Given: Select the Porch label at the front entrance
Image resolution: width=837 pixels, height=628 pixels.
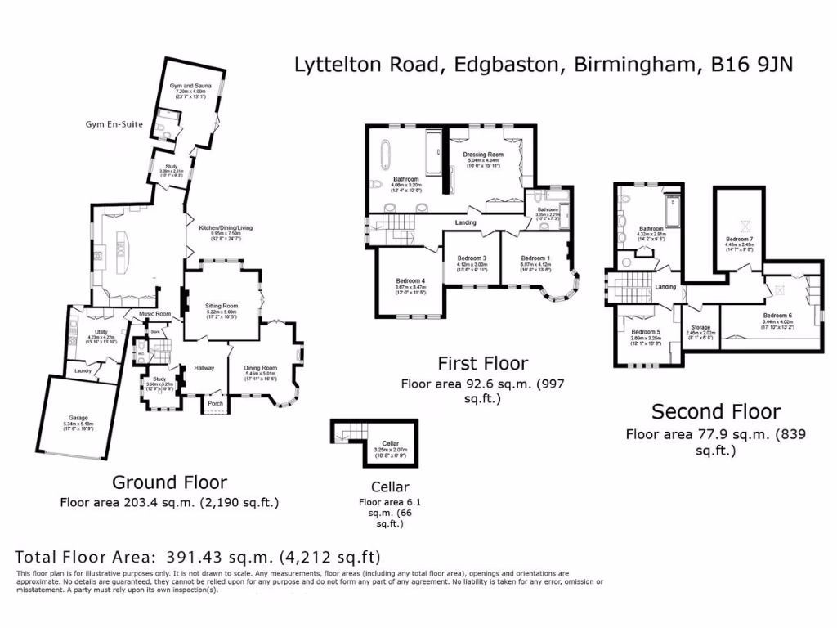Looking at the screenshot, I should pyautogui.click(x=216, y=403).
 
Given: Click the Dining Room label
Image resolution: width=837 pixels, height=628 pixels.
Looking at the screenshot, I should pyautogui.click(x=261, y=368).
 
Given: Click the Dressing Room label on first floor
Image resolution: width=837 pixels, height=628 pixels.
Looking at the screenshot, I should pyautogui.click(x=482, y=155).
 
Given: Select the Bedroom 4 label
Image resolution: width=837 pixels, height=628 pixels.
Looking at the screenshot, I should pyautogui.click(x=410, y=280).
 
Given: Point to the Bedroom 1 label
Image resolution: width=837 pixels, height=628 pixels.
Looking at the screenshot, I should pyautogui.click(x=535, y=258).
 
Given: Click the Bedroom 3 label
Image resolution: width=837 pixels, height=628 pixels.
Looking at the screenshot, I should pyautogui.click(x=472, y=258).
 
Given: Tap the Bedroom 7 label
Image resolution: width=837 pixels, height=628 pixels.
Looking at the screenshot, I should pyautogui.click(x=740, y=239).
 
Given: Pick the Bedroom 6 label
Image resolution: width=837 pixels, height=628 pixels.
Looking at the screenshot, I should pyautogui.click(x=777, y=315).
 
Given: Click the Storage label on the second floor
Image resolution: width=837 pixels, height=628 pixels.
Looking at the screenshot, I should pyautogui.click(x=700, y=327).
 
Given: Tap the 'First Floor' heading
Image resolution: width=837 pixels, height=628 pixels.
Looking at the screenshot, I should pyautogui.click(x=482, y=363).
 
